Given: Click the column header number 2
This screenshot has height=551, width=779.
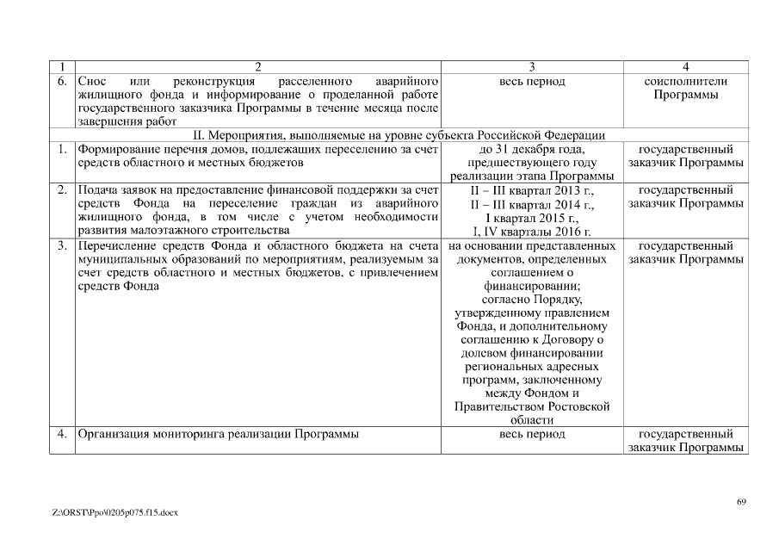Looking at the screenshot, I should [x=258, y=67].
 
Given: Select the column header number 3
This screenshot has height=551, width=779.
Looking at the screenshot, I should [x=532, y=67].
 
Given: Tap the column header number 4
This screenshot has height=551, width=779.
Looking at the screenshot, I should [x=685, y=67].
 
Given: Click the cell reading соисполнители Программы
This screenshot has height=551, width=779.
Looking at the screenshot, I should [x=685, y=88].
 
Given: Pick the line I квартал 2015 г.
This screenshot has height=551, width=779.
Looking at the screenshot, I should [x=532, y=218].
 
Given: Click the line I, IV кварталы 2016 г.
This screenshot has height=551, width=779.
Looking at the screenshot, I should [x=532, y=232].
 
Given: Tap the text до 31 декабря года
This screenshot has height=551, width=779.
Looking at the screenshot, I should [x=532, y=149].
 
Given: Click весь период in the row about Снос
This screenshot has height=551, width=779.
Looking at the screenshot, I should [x=532, y=81].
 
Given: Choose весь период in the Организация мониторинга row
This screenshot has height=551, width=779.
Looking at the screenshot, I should [x=532, y=434].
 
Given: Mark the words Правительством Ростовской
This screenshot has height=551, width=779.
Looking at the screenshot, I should [x=532, y=406].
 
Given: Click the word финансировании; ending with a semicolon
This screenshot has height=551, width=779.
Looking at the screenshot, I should [x=532, y=287].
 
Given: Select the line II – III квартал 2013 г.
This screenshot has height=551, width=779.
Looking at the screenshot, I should [x=532, y=190].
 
